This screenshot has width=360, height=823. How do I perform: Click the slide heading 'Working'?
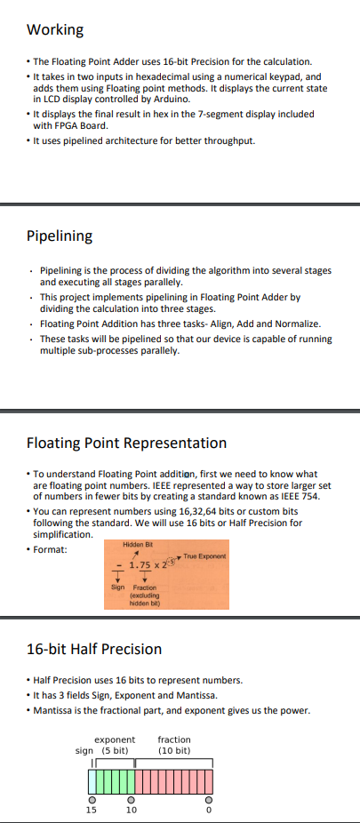[55, 30]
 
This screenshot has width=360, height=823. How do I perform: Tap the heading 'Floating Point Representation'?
[126, 443]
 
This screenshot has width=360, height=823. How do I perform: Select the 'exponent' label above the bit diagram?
[115, 739]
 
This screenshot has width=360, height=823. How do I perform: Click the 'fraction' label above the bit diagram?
[174, 739]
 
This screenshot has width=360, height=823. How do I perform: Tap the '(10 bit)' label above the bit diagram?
[174, 751]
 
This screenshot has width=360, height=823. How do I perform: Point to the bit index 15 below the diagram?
[92, 810]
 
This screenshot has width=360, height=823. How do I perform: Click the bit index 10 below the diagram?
[131, 810]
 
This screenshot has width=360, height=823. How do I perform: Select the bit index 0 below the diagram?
[209, 810]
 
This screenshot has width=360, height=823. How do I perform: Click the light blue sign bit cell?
[92, 780]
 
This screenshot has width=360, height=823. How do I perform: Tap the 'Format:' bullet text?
[52, 548]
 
